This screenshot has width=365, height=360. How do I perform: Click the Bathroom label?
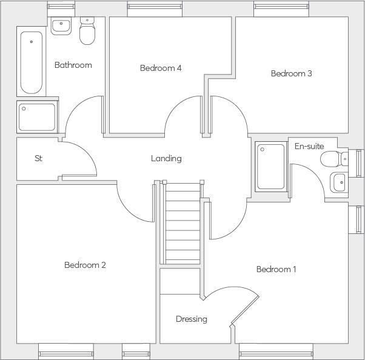73,65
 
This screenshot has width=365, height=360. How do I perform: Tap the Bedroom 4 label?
161,68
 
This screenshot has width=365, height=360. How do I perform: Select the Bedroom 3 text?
291,73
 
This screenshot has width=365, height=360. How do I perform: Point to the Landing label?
166,158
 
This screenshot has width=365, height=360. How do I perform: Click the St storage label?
38,158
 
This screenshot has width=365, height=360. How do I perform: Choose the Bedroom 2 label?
85,265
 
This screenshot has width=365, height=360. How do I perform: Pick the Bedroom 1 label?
276,269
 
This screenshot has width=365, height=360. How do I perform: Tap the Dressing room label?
191,319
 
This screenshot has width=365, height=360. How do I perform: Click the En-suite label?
309,146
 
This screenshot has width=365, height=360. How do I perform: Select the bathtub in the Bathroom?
31,61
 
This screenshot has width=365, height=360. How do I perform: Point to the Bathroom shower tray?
37,117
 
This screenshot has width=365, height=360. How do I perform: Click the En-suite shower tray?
270,166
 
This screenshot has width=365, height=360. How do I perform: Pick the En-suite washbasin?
338,181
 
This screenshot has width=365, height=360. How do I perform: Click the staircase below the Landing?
182,224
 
